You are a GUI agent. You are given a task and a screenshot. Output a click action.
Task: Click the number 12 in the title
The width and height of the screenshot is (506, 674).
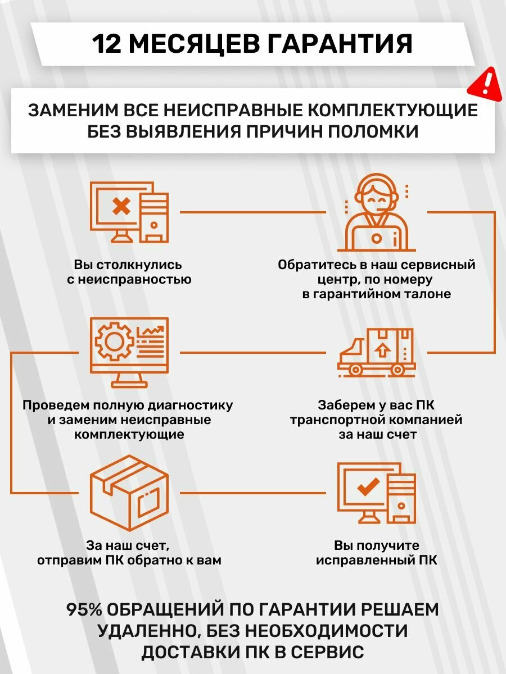coord(109,44)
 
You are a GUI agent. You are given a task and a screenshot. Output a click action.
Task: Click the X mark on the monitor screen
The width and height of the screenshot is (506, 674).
coord(121,206)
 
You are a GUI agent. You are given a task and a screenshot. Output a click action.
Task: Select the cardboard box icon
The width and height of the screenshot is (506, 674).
coord(130,493)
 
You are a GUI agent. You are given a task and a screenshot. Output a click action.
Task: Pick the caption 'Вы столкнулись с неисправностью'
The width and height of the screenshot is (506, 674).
coord(129,272)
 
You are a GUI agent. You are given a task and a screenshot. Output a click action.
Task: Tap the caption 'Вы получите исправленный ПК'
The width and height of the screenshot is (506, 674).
coord(376,553)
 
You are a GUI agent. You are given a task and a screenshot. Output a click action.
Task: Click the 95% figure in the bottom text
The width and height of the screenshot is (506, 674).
coord(84,610)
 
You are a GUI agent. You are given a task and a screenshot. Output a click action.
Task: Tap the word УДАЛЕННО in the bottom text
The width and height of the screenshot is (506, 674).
coord(144,631)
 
